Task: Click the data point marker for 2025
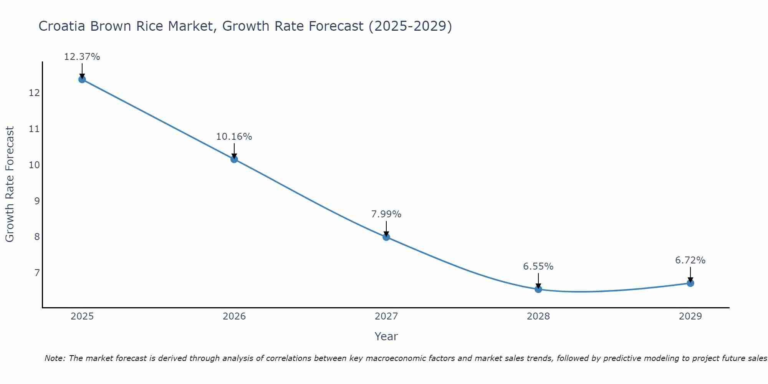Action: pyautogui.click(x=82, y=79)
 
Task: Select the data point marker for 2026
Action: pyautogui.click(x=234, y=159)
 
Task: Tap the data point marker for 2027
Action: pyautogui.click(x=386, y=237)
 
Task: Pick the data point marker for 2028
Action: pyautogui.click(x=538, y=289)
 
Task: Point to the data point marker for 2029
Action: pyautogui.click(x=690, y=283)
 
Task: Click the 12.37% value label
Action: pyautogui.click(x=82, y=57)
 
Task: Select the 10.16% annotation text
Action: pyautogui.click(x=234, y=137)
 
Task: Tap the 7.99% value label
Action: pyautogui.click(x=386, y=214)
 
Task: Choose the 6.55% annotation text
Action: pyautogui.click(x=538, y=266)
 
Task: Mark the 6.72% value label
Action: pyautogui.click(x=690, y=260)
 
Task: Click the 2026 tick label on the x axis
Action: pyautogui.click(x=234, y=316)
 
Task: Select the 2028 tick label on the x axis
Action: pyautogui.click(x=538, y=316)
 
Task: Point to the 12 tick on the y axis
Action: pyautogui.click(x=35, y=93)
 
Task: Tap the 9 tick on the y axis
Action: pyautogui.click(x=37, y=201)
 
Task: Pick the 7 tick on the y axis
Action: pyautogui.click(x=37, y=273)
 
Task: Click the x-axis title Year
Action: pyautogui.click(x=386, y=336)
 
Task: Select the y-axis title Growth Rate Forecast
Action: pyautogui.click(x=10, y=184)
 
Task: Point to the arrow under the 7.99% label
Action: pyautogui.click(x=386, y=229)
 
